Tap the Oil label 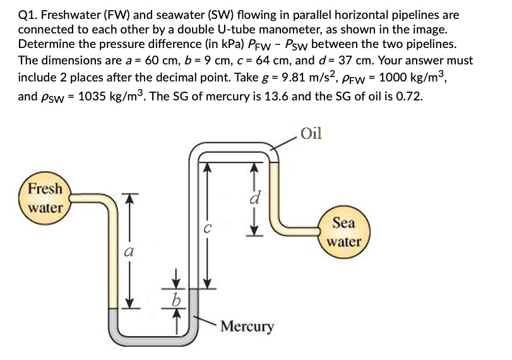(x=312, y=133)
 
